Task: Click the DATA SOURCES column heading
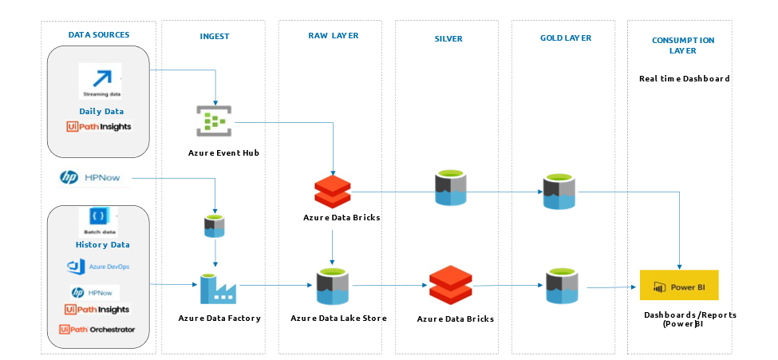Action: click(x=99, y=35)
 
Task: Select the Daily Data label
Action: click(x=101, y=111)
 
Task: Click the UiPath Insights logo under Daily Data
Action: click(x=100, y=126)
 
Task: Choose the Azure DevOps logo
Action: click(x=99, y=266)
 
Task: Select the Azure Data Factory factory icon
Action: click(x=215, y=287)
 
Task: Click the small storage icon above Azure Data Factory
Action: click(x=214, y=227)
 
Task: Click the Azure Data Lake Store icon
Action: click(x=332, y=287)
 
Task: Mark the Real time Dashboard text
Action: click(x=685, y=79)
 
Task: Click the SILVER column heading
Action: click(x=448, y=38)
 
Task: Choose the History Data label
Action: click(x=102, y=245)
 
